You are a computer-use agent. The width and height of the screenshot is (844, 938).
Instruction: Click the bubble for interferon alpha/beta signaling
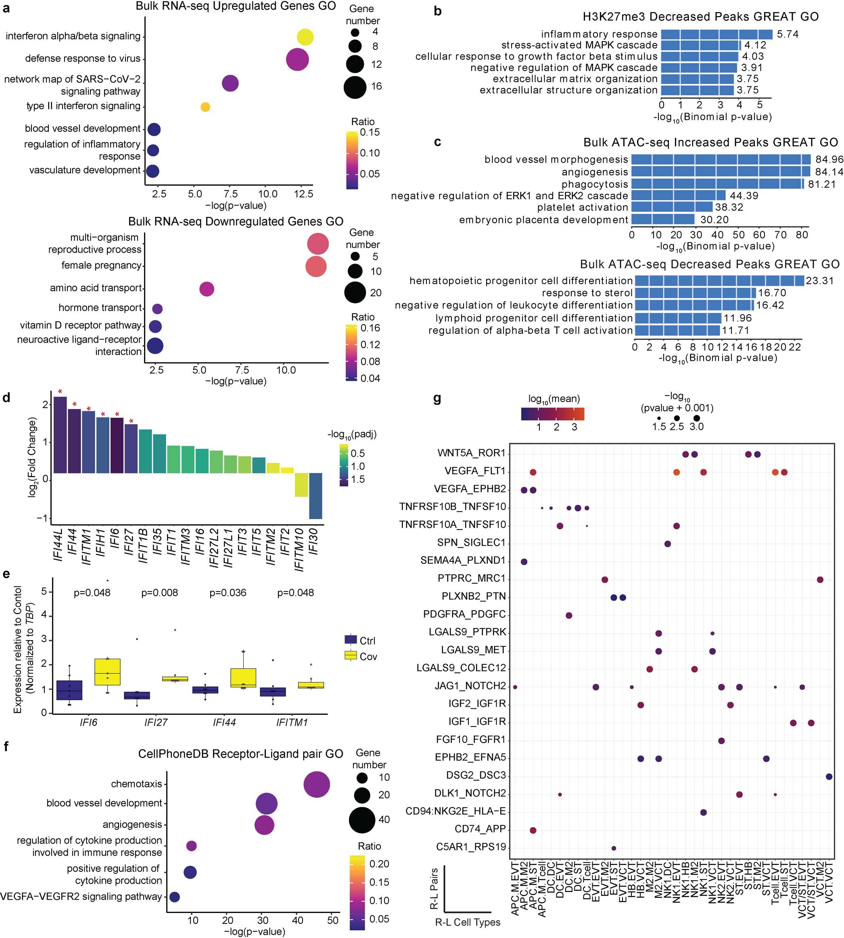305,37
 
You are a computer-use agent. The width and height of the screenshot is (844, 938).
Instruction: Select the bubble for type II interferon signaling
205,107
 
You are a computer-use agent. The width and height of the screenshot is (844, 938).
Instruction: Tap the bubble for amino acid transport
207,289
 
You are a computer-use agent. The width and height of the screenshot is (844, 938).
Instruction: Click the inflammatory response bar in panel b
716,34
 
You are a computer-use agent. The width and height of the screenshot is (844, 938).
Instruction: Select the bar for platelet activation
671,207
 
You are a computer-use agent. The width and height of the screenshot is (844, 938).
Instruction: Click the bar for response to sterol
695,293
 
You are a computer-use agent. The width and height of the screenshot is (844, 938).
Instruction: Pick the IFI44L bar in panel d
60,435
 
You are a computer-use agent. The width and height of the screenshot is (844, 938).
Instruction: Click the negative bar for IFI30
315,496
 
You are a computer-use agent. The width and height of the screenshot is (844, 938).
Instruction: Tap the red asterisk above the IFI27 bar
131,422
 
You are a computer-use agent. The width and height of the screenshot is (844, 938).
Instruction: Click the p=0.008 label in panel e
159,593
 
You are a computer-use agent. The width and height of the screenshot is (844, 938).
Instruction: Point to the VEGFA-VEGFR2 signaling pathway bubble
174,897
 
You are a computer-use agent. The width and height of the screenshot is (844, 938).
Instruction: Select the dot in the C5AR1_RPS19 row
614,848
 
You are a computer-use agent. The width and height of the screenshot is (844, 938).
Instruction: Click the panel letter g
437,399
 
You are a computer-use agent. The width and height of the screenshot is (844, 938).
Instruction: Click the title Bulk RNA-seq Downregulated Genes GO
236,222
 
